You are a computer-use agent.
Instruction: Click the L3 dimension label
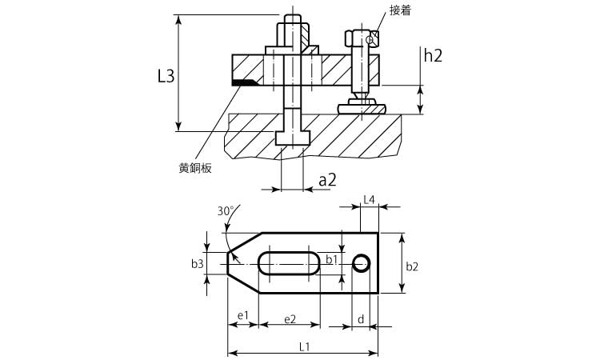point(166,77)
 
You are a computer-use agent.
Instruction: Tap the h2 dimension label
point(433,55)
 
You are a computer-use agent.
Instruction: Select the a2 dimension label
point(327,181)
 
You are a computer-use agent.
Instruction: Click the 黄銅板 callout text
point(195,169)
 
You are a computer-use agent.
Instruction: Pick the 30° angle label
point(226,211)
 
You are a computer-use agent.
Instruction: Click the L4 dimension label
point(369,198)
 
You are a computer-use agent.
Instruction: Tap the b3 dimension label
point(198,263)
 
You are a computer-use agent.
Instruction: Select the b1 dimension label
point(332,260)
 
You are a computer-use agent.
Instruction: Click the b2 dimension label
point(412,266)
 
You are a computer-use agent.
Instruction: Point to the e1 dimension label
point(243,318)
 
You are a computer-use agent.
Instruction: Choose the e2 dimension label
point(290,318)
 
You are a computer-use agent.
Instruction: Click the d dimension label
point(362,319)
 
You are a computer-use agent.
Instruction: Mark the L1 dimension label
point(304,346)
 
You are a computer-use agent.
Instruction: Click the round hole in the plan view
point(362,263)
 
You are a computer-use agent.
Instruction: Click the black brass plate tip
point(244,82)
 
